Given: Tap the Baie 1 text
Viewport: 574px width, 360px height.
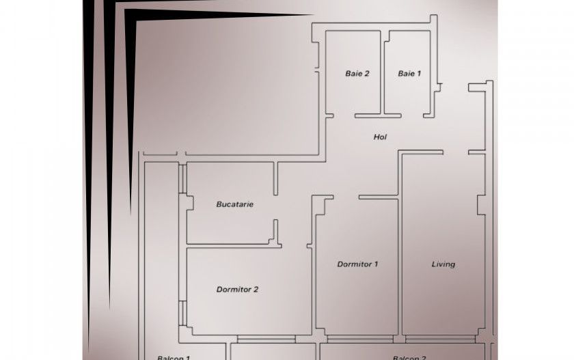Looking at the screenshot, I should coord(410,74).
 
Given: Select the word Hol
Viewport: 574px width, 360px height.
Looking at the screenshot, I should coord(380,137).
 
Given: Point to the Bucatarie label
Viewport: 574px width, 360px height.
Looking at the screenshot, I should coord(234,204).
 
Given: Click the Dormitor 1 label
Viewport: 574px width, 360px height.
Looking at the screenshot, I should coord(357,264).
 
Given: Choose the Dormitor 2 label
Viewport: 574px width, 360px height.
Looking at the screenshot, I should coord(237,289).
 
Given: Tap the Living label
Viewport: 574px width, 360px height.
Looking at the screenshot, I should coord(443,264).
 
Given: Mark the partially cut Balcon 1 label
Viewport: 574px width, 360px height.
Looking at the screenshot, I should coord(173,357).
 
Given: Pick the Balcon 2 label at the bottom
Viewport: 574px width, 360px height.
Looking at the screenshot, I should coord(410,357).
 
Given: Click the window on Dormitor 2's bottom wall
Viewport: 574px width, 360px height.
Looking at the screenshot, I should coord(266,338).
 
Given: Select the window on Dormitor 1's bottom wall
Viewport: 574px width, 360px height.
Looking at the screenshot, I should coord(355,338).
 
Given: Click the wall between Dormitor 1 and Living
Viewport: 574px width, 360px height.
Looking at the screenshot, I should coord(400,266).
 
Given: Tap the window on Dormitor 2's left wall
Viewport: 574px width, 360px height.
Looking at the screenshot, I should coord(182,311).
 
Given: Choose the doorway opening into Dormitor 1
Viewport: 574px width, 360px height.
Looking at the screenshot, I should coord(346,197).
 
